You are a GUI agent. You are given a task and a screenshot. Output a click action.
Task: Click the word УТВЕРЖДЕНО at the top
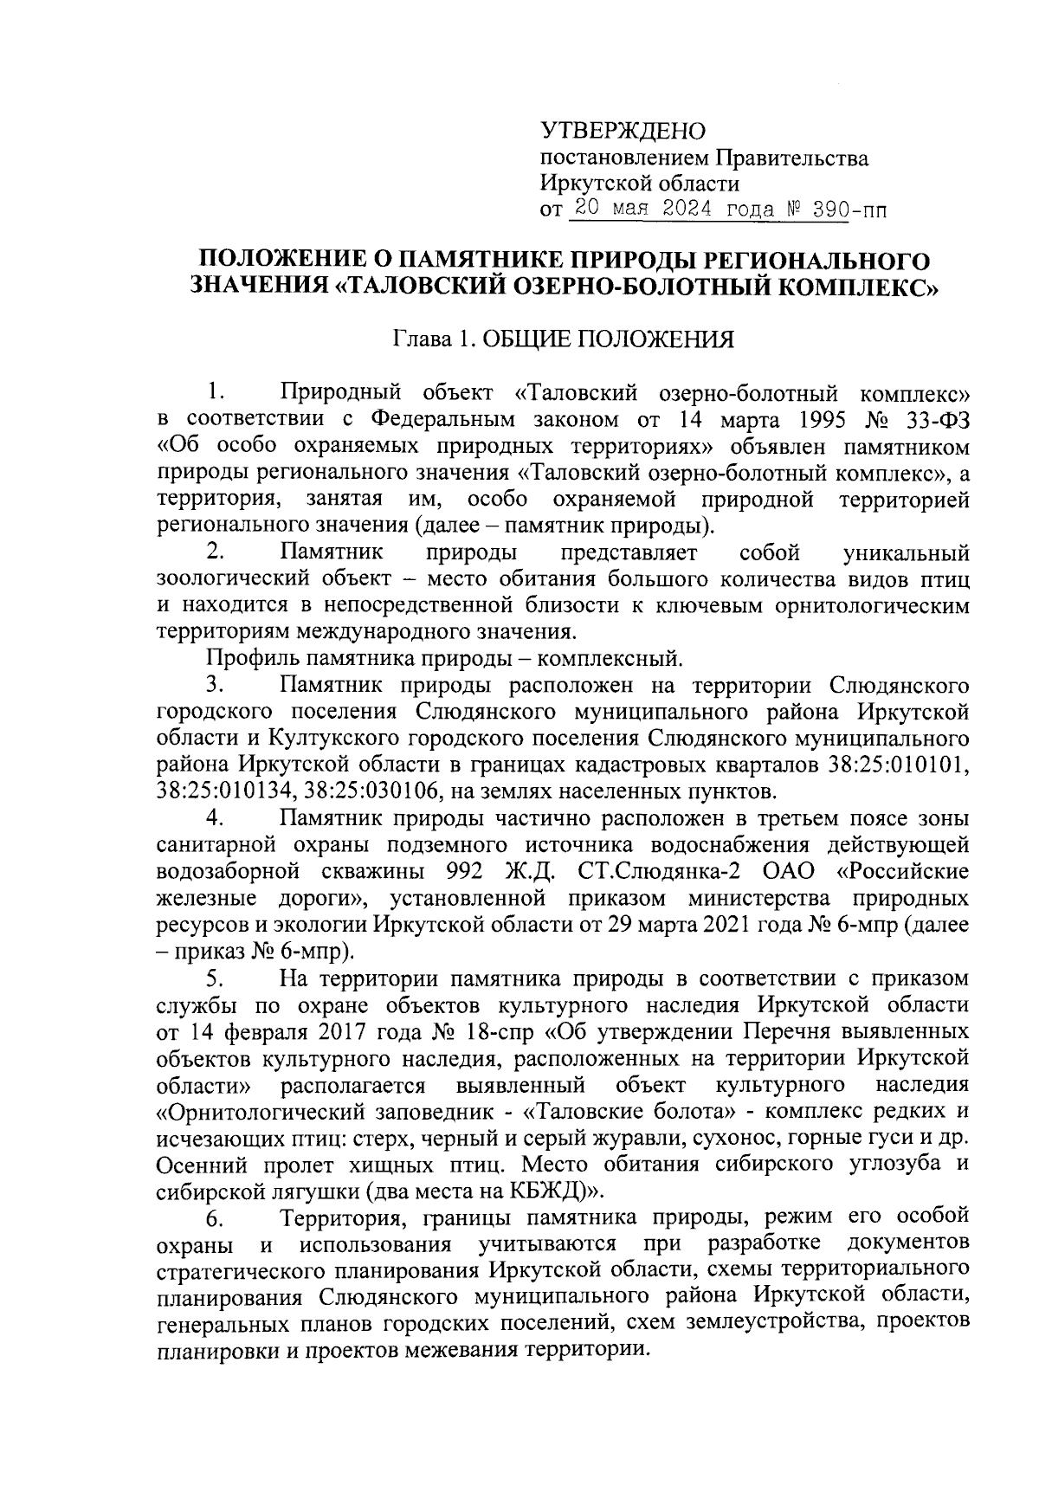[623, 132]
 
